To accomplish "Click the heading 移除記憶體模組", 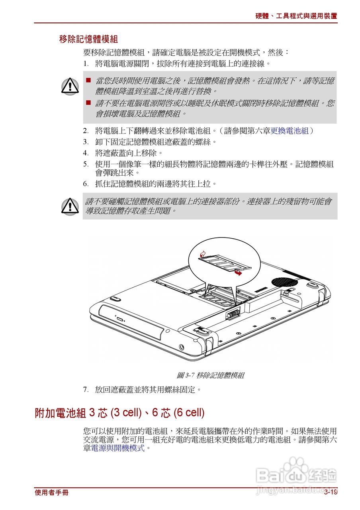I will click(x=88, y=39).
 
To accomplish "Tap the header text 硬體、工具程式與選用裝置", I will click(x=296, y=16).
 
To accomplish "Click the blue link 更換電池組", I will click(x=290, y=131).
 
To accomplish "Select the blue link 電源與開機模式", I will click(x=118, y=448).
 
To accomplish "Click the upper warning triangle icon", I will click(x=70, y=86).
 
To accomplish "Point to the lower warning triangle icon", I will click(x=70, y=206).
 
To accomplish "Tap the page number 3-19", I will click(x=330, y=492).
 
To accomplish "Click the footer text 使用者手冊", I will click(x=51, y=492).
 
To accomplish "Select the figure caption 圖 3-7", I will click(x=210, y=375).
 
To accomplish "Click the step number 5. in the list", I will click(x=86, y=164).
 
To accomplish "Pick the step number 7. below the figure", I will click(x=86, y=389).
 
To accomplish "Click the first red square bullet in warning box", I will click(x=88, y=80).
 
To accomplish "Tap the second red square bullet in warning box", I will click(x=88, y=103).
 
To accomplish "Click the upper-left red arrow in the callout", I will click(x=203, y=253).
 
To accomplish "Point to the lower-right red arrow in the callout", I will click(x=238, y=273).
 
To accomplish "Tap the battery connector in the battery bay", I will click(x=233, y=314).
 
